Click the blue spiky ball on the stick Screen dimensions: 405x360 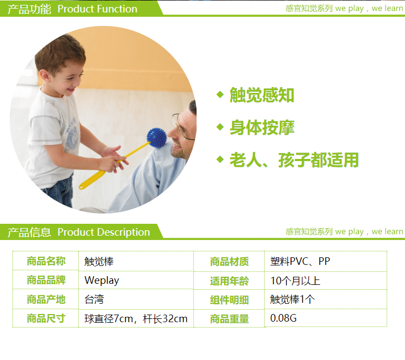[x=157, y=138]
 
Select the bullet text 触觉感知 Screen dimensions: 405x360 [x=262, y=95]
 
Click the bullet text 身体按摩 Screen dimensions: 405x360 [x=262, y=128]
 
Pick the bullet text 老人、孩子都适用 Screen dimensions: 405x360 [x=294, y=160]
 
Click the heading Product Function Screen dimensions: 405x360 [x=97, y=9]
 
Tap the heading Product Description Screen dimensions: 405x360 [x=104, y=232]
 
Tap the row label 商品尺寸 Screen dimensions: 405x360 [x=46, y=318]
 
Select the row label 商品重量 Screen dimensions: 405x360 [x=230, y=319]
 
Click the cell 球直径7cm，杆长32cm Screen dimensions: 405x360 [x=136, y=318]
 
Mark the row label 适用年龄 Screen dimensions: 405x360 [x=230, y=281]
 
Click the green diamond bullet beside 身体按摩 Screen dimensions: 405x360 [x=220, y=127]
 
